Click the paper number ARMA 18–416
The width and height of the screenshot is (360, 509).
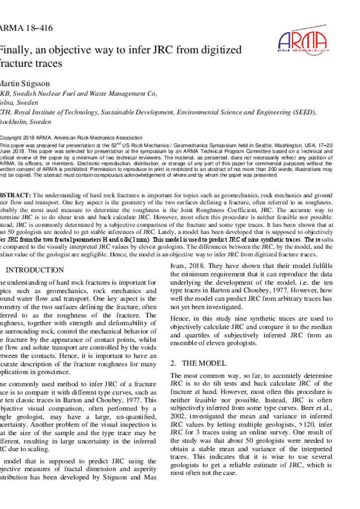(26, 28)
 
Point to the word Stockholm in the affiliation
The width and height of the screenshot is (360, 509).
(12, 122)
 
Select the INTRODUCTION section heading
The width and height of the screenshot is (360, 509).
(34, 270)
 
